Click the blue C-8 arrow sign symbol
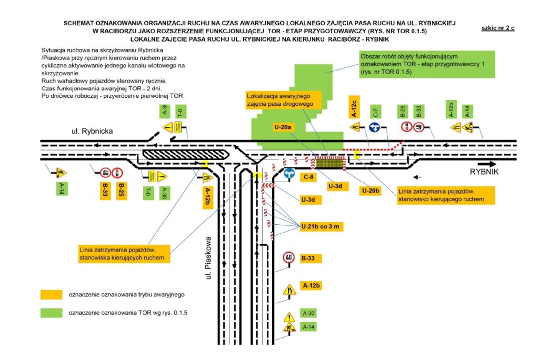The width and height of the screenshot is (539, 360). point(288,173)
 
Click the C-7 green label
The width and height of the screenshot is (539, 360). point(375,112)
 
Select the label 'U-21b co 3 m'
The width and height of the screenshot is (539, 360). point(322,227)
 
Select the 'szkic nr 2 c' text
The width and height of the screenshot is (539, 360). point(497,28)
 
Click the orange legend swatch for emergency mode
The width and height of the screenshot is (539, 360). point(52,294)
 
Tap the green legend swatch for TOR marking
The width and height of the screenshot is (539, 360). point(52,313)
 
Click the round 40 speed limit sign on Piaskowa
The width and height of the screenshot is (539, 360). point(288,257)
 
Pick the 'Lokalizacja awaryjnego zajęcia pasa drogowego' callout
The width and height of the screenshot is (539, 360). point(280,100)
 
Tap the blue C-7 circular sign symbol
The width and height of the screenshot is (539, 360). point(375,127)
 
